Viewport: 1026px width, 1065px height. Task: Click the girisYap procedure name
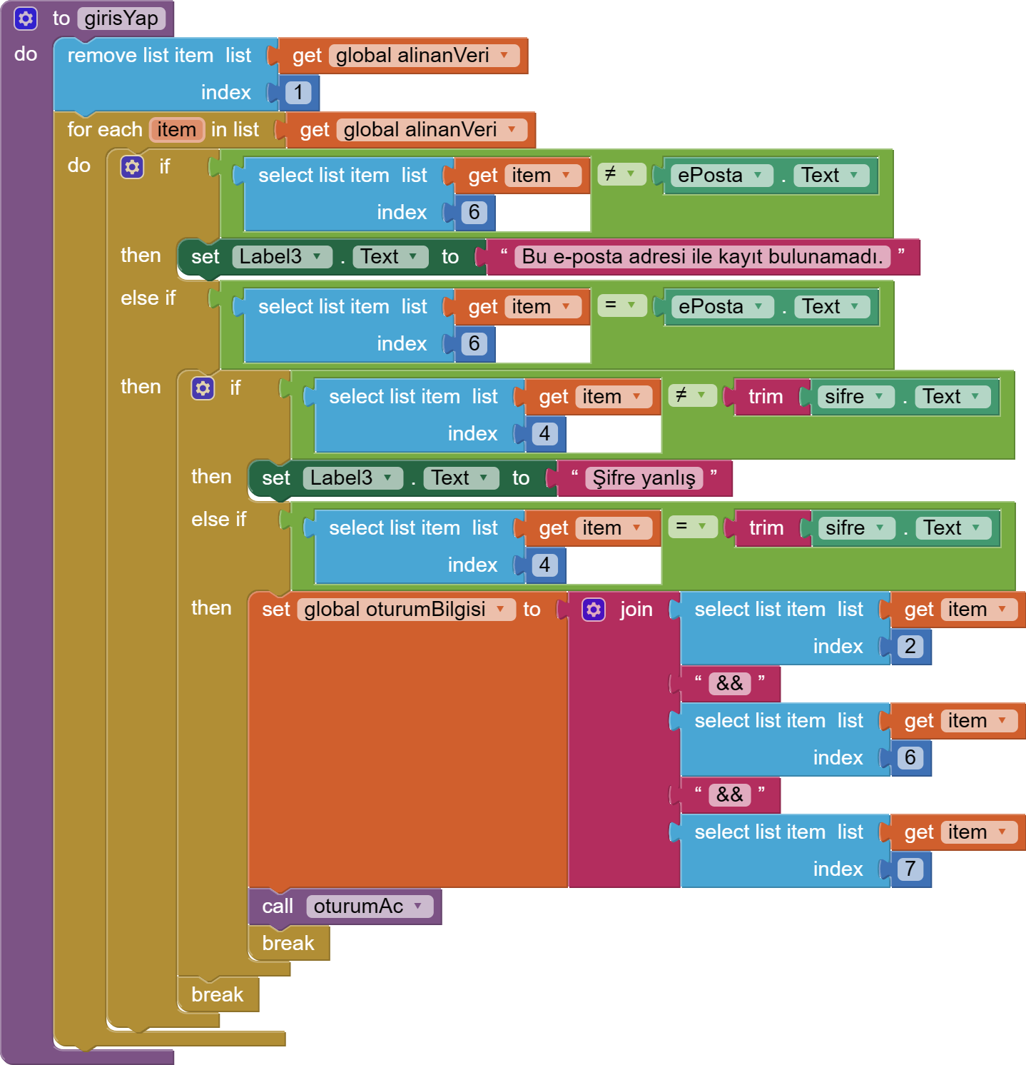[121, 19]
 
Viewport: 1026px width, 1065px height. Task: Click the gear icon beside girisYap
[26, 19]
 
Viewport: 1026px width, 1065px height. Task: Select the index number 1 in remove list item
[298, 92]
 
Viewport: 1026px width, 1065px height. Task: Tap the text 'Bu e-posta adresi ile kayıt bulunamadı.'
[702, 256]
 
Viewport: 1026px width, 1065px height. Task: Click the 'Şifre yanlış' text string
[644, 478]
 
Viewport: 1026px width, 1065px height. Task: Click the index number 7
[910, 869]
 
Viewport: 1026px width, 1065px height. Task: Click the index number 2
[910, 646]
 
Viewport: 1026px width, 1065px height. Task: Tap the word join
[636, 609]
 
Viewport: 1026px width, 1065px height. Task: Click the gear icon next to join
[594, 610]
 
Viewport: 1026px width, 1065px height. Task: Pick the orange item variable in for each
[176, 129]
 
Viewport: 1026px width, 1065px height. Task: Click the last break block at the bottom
[217, 994]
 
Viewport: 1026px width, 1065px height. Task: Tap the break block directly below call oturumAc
[288, 943]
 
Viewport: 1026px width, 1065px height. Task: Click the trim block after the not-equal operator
[765, 396]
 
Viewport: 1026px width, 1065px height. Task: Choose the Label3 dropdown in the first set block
[281, 256]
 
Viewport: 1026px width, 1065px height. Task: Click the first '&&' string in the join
[729, 683]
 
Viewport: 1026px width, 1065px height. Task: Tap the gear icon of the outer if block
[132, 167]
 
